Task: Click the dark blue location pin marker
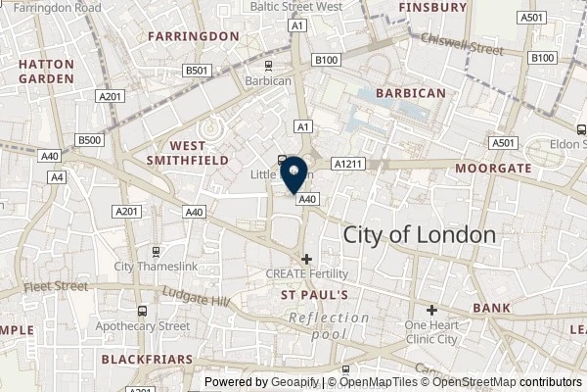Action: coord(295,174)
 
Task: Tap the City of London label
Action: coord(420,235)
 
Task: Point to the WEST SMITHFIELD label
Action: coord(187,150)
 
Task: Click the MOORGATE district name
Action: coord(493,169)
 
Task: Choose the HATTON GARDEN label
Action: coord(45,69)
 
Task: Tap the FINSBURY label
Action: coord(432,7)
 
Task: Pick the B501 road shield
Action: coord(199,71)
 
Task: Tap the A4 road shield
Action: coord(58,177)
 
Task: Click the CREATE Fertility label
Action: coord(307,273)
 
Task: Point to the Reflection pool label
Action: coord(329,325)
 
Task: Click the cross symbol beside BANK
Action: coord(431,309)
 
